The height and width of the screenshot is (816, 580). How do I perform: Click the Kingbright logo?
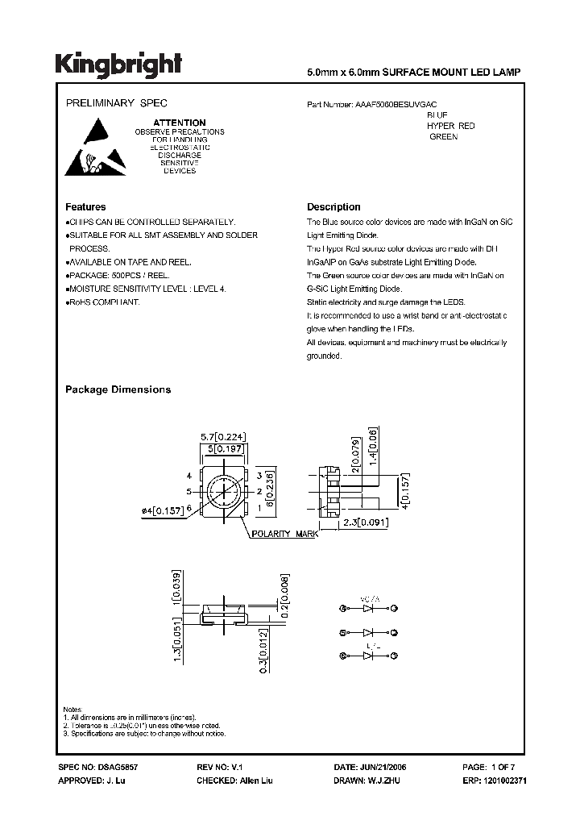[x=118, y=65]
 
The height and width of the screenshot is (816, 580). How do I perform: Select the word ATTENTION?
[x=180, y=123]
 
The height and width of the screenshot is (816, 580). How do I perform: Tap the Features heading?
[x=85, y=207]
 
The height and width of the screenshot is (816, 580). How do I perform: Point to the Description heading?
[x=333, y=207]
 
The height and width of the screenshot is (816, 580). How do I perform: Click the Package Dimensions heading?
[x=118, y=389]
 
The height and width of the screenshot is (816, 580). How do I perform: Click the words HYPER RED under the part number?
[x=451, y=127]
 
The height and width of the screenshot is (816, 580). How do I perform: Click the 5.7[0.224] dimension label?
[x=222, y=437]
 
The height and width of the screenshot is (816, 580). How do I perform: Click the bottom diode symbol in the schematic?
[x=371, y=657]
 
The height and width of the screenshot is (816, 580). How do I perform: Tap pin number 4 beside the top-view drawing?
[x=188, y=476]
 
